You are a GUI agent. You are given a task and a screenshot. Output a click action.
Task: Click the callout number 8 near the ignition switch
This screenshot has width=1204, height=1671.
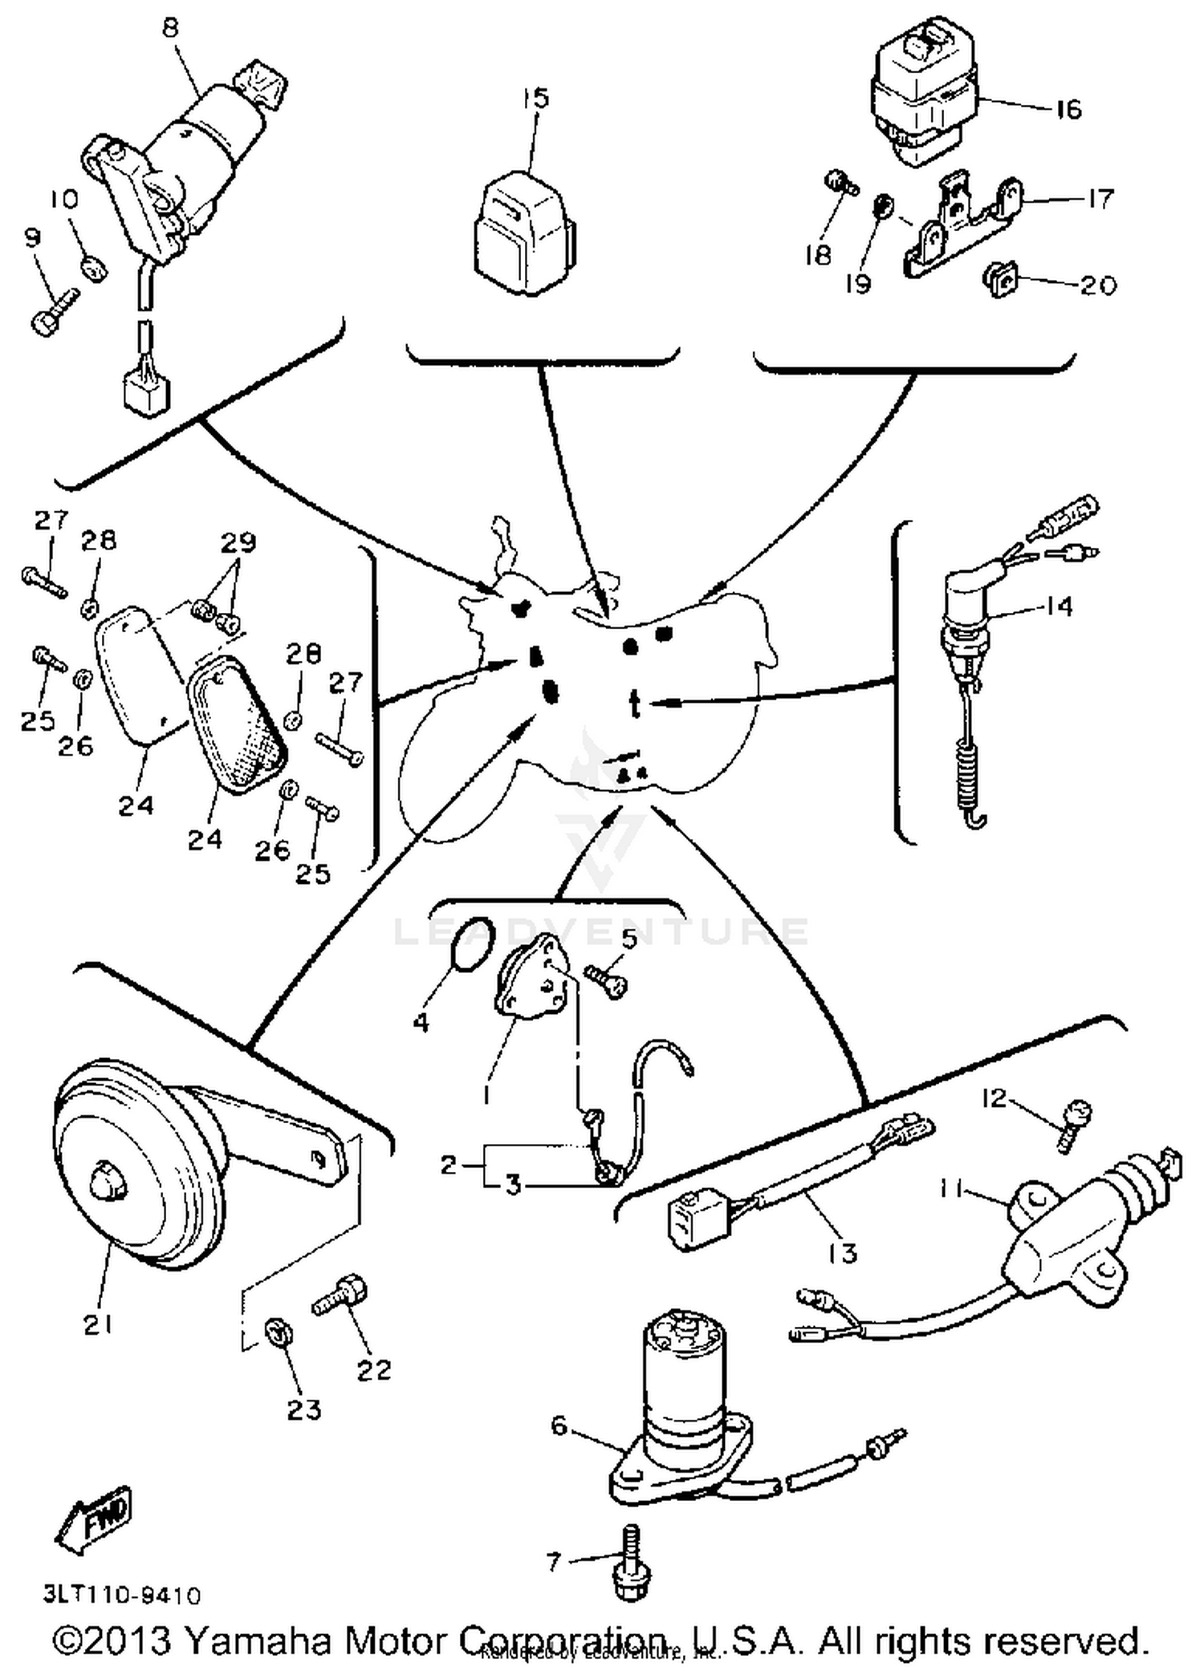[171, 28]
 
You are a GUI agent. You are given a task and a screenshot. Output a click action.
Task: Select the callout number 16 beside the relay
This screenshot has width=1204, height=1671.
[1067, 109]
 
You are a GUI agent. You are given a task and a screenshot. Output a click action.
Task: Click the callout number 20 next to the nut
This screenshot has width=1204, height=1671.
[1097, 286]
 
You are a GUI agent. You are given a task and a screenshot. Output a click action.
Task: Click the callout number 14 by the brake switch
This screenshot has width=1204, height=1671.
[1059, 606]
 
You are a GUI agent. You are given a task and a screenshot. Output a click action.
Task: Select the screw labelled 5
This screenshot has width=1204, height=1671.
[603, 979]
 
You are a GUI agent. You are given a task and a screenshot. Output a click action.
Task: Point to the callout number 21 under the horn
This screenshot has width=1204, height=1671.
[98, 1325]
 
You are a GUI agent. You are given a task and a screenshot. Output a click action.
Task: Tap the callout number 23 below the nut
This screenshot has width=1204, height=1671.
[304, 1409]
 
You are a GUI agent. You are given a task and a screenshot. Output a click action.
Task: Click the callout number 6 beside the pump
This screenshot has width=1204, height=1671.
[559, 1426]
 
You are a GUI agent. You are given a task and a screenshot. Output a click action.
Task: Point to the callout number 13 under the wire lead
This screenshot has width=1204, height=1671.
[842, 1252]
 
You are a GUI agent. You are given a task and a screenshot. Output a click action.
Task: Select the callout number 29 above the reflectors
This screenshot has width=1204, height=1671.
[238, 542]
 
